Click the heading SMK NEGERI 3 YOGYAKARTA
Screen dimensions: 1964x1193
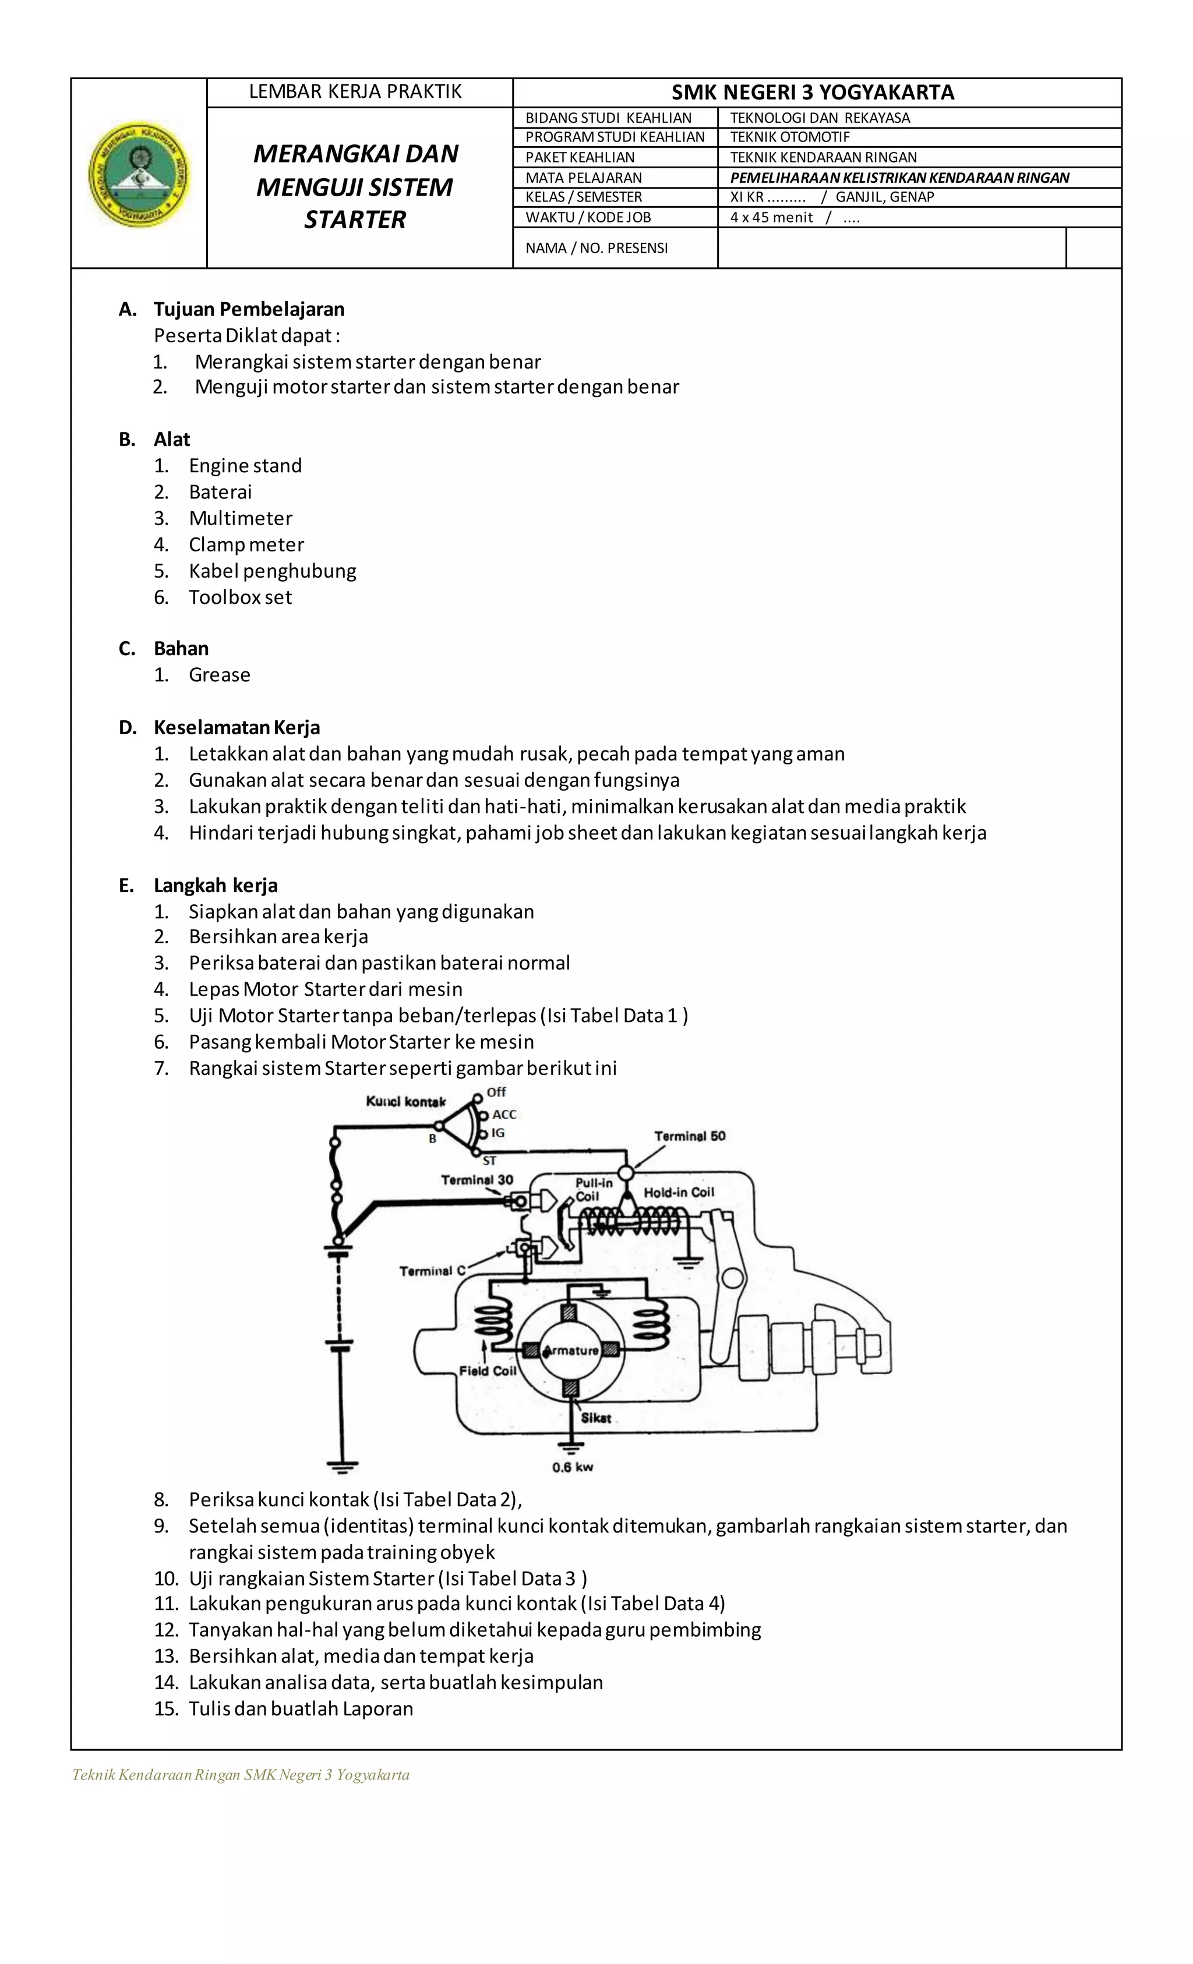click(x=812, y=93)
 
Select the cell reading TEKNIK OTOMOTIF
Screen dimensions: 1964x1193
click(x=789, y=137)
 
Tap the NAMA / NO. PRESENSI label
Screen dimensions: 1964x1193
click(x=596, y=248)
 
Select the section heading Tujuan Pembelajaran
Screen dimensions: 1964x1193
click(x=249, y=309)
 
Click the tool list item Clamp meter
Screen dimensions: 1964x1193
click(x=246, y=544)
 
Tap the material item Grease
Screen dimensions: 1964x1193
click(x=219, y=675)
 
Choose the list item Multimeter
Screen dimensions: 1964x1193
click(x=240, y=518)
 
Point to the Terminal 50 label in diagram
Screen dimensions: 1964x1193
click(x=690, y=1136)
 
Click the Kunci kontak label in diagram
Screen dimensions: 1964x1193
click(x=405, y=1102)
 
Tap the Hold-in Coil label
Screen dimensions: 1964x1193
click(x=679, y=1192)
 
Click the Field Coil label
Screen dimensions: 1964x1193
click(x=487, y=1371)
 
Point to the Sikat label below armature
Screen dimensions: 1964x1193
click(x=596, y=1418)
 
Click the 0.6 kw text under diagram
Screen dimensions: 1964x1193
click(x=573, y=1467)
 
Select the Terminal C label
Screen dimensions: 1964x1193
click(x=432, y=1271)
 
